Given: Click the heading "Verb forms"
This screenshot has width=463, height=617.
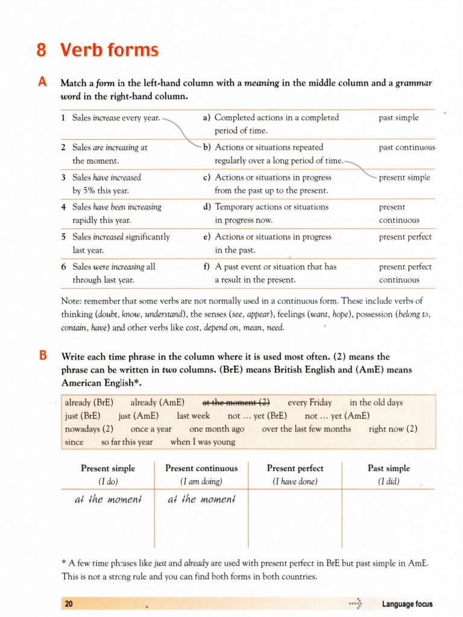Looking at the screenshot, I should (x=109, y=51).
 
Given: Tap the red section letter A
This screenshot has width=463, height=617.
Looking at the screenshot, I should (x=42, y=83).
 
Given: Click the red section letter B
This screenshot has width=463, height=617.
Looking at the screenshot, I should (x=42, y=355).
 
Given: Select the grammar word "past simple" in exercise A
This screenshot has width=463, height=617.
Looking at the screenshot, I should (x=398, y=118).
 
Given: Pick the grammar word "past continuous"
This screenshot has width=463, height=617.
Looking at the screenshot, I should (x=407, y=147).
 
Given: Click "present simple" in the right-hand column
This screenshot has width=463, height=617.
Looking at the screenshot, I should (x=405, y=178).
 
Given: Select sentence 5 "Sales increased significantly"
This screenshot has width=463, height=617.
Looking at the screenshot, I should (x=121, y=237).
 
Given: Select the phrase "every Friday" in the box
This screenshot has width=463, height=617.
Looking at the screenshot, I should (x=310, y=402).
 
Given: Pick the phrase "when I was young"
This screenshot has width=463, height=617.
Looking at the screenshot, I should (x=203, y=442).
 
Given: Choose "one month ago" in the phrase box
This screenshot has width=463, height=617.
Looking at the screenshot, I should (x=216, y=429).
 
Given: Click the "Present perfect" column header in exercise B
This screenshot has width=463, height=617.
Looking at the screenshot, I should (x=295, y=468).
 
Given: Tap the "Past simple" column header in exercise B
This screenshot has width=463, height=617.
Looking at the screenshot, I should (x=388, y=468).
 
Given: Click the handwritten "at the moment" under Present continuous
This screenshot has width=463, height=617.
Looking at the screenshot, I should (x=200, y=500).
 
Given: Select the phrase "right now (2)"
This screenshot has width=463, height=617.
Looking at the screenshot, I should (x=393, y=429).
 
